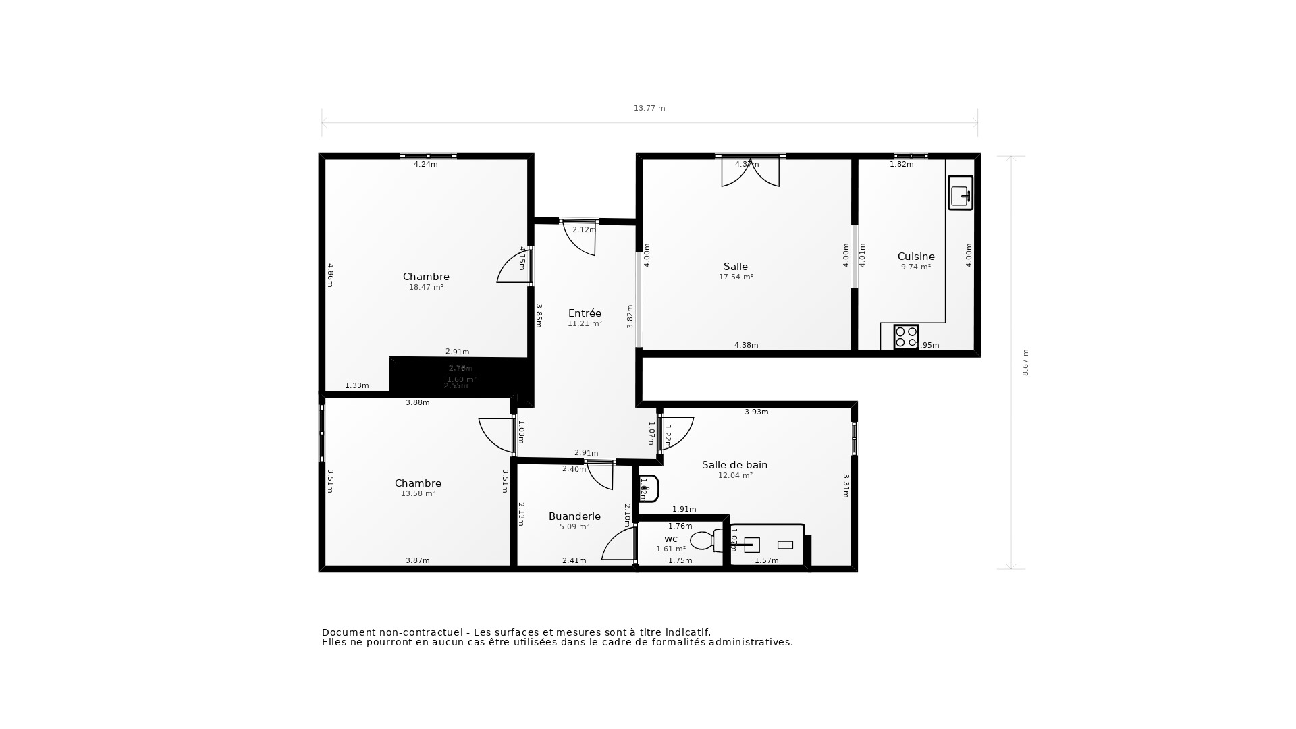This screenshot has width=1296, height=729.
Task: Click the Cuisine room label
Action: pos(916,256)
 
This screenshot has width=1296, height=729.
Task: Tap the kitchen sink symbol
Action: pos(960,193)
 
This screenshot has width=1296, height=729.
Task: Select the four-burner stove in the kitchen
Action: pos(906,337)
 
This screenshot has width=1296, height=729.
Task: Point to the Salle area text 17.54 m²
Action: pos(736,277)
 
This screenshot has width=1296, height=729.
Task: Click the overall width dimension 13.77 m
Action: pos(649,108)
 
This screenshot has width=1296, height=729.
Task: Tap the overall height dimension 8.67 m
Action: pos(1025,362)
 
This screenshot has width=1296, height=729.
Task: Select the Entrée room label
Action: pos(585,313)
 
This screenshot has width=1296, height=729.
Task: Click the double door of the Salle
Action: pos(750,171)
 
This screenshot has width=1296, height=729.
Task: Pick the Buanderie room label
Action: pos(574,516)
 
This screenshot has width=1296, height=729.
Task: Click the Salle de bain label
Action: pos(734,465)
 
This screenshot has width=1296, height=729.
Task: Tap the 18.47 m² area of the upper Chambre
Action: pos(426,288)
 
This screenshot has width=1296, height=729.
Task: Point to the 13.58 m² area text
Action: pos(418,494)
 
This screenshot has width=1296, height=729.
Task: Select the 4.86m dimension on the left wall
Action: pos(331,275)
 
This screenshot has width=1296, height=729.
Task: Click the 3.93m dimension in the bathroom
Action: pos(756,412)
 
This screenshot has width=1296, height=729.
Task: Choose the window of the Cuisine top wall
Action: pos(911,156)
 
